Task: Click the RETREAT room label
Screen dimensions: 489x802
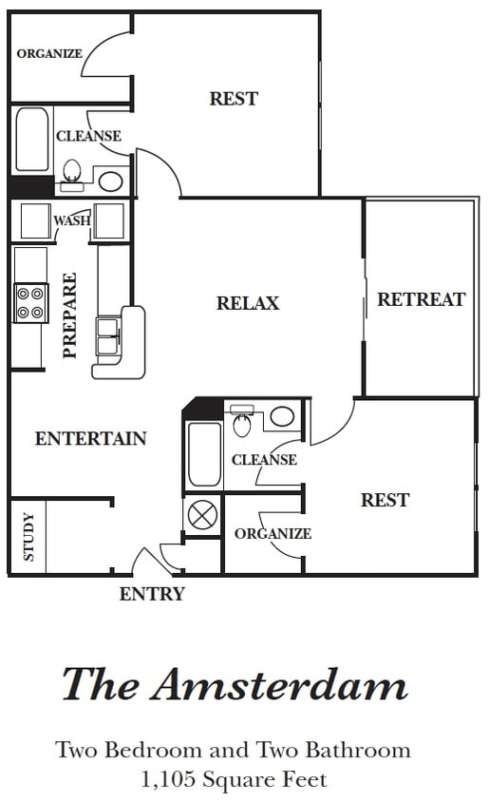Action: [x=422, y=299]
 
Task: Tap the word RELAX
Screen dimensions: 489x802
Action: [x=248, y=303]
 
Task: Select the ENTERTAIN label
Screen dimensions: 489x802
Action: [x=90, y=438]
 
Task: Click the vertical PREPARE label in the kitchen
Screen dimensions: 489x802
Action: [x=69, y=315]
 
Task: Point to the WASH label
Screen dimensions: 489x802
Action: [x=72, y=220]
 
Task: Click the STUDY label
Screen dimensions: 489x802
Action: [x=28, y=537]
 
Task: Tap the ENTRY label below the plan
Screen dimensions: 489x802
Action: [x=152, y=594]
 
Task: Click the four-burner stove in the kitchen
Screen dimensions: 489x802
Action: [x=30, y=303]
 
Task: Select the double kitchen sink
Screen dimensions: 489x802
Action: [x=108, y=336]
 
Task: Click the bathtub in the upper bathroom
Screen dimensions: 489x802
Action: [x=31, y=139]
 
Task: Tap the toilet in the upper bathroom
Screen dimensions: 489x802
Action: [x=71, y=175]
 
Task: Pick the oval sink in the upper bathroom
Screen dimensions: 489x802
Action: [x=110, y=181]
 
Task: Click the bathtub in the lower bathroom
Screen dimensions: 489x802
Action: [x=204, y=454]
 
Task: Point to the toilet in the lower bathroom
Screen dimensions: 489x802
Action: [x=242, y=420]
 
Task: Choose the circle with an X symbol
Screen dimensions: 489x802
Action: [x=202, y=514]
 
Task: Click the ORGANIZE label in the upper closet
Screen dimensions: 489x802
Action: [x=49, y=53]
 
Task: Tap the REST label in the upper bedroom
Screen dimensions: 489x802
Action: [x=234, y=98]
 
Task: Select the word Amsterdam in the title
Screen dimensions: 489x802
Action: [x=279, y=684]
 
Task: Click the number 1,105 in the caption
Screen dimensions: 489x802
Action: [x=168, y=779]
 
